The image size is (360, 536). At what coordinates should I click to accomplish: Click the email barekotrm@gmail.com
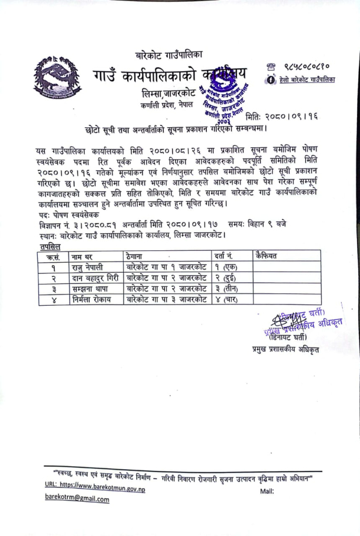(77, 499)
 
